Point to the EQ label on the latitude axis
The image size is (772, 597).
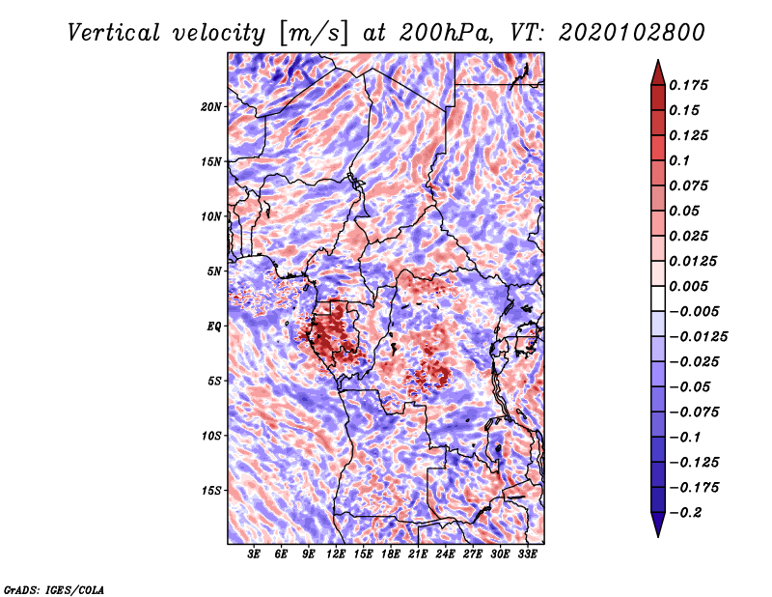click(x=214, y=327)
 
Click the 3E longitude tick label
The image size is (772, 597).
click(x=255, y=554)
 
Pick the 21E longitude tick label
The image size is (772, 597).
click(x=418, y=554)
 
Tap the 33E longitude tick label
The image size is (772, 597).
click(x=527, y=554)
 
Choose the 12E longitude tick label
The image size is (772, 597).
click(x=336, y=554)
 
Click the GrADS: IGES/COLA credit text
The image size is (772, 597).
click(x=54, y=588)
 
